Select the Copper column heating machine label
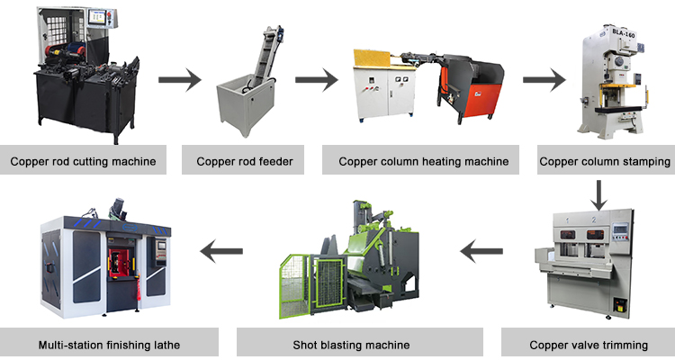[x=423, y=162]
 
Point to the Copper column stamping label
[x=605, y=162]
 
